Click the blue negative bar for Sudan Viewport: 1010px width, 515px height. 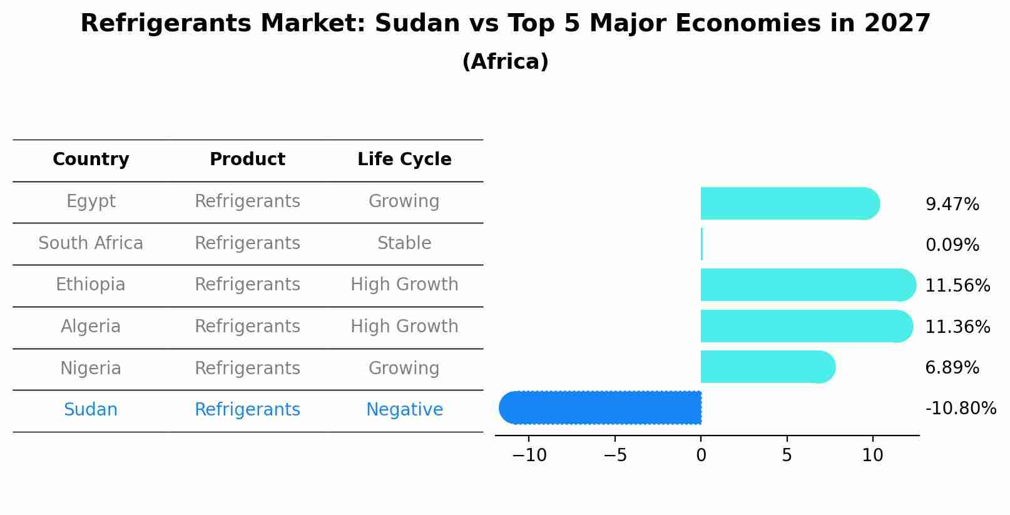coord(601,408)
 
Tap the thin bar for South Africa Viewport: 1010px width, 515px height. coord(701,244)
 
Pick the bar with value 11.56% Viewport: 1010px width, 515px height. coord(807,285)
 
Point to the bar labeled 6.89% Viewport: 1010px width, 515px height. coord(767,367)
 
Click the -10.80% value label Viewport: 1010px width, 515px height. coord(960,409)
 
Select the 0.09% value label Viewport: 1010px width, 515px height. coord(952,245)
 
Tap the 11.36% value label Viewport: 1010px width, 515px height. coord(957,327)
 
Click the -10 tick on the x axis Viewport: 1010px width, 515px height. coord(529,456)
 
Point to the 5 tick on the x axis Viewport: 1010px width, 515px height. coord(787,456)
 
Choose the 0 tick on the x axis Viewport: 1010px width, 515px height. coord(701,456)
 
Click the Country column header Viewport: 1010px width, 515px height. coord(91,160)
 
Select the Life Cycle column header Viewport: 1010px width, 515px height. coord(404,160)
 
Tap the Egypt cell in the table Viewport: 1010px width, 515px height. coord(91,201)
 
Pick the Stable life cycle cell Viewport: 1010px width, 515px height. coord(404,243)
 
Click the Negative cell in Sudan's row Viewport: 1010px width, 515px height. coord(404,410)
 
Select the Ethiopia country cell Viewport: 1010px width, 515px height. coord(91,285)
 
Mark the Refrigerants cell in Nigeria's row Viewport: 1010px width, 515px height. coord(247,369)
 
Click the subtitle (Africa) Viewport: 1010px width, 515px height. coord(505,62)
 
